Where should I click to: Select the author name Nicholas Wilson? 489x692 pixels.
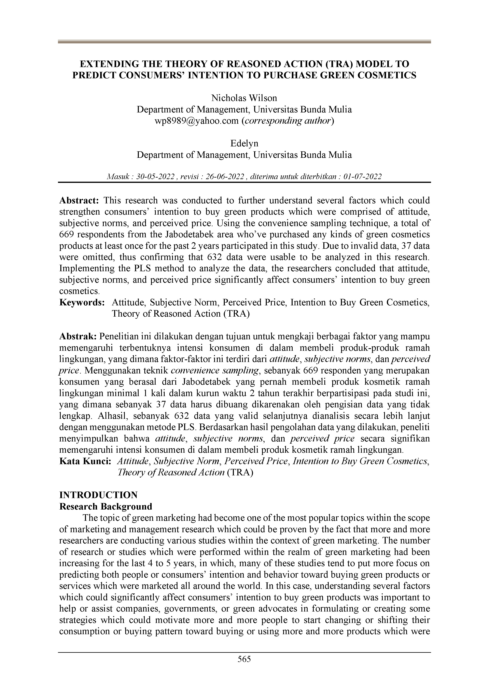click(x=244, y=98)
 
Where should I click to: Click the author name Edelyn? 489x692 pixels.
click(x=244, y=143)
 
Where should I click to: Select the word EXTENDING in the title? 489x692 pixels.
click(x=109, y=64)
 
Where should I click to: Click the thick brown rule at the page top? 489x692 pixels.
click(x=244, y=42)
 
